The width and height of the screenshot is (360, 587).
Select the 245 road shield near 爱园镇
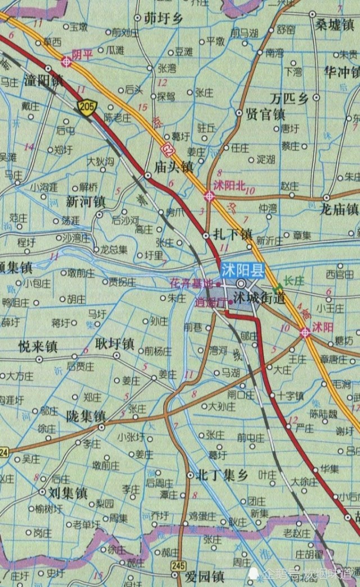click(179, 565)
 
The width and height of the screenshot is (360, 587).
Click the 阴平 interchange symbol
click(66, 62)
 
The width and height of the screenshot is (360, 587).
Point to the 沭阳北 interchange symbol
click(209, 196)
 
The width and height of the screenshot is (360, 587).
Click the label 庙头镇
click(174, 166)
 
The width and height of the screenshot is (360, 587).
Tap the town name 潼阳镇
click(43, 81)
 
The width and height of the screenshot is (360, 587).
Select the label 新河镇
click(85, 200)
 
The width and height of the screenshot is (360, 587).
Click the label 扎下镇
click(234, 233)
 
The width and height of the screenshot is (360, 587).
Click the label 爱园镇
click(205, 576)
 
